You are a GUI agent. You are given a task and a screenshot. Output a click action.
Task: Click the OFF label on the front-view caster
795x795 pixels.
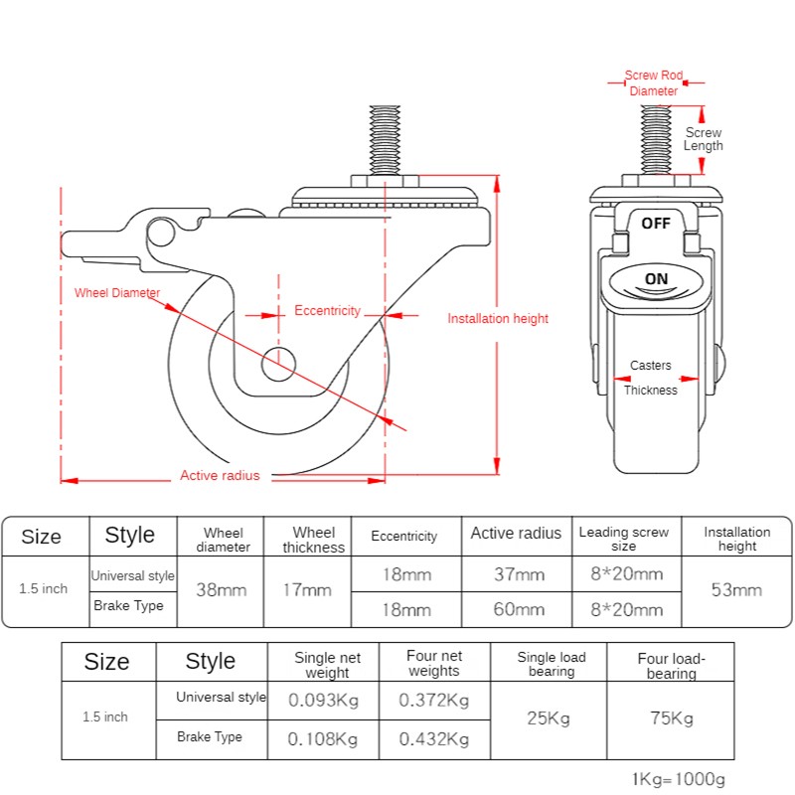(656, 223)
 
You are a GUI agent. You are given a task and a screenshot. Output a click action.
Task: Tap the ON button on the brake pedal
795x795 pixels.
(656, 279)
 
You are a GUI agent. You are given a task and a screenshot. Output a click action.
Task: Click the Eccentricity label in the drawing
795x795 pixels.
(327, 310)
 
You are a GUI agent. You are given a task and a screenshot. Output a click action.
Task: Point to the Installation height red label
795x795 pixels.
(498, 318)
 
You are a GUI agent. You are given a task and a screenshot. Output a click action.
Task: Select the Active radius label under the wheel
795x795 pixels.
(220, 475)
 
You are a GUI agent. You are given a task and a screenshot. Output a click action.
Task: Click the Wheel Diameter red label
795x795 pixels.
(117, 292)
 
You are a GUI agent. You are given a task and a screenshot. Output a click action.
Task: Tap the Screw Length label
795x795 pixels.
(704, 139)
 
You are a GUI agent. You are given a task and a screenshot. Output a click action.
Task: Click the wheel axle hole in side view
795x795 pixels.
(278, 364)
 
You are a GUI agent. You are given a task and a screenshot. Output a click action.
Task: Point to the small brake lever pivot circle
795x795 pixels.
(161, 233)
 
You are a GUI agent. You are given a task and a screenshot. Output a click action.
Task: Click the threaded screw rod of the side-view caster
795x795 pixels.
(385, 140)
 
